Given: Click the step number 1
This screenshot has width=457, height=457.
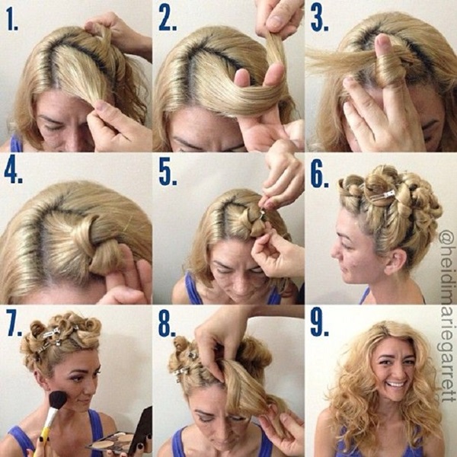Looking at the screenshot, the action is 12,20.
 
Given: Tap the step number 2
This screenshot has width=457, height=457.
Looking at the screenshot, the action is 168,18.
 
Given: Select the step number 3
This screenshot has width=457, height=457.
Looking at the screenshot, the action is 319,18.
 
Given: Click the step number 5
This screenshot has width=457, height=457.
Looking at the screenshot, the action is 168,173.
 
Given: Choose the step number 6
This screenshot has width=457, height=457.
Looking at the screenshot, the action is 319,173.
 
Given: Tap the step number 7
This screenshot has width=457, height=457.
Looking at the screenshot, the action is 14,324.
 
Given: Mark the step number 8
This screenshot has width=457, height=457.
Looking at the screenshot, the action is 167,324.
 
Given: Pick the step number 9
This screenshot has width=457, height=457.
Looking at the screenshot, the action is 319,324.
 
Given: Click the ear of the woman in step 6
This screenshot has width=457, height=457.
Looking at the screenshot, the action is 394,262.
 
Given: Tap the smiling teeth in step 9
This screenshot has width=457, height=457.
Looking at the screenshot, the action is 396,384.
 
